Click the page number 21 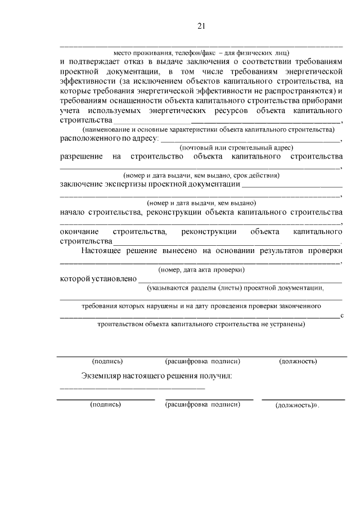tap(201, 25)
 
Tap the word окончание tap(80, 232)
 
